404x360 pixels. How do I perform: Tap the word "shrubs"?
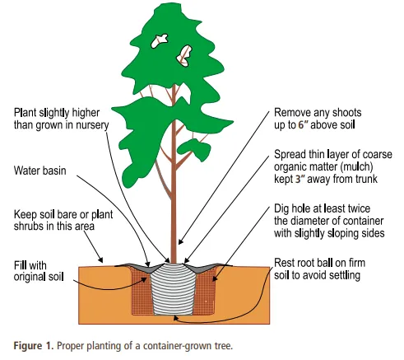[30, 227]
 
